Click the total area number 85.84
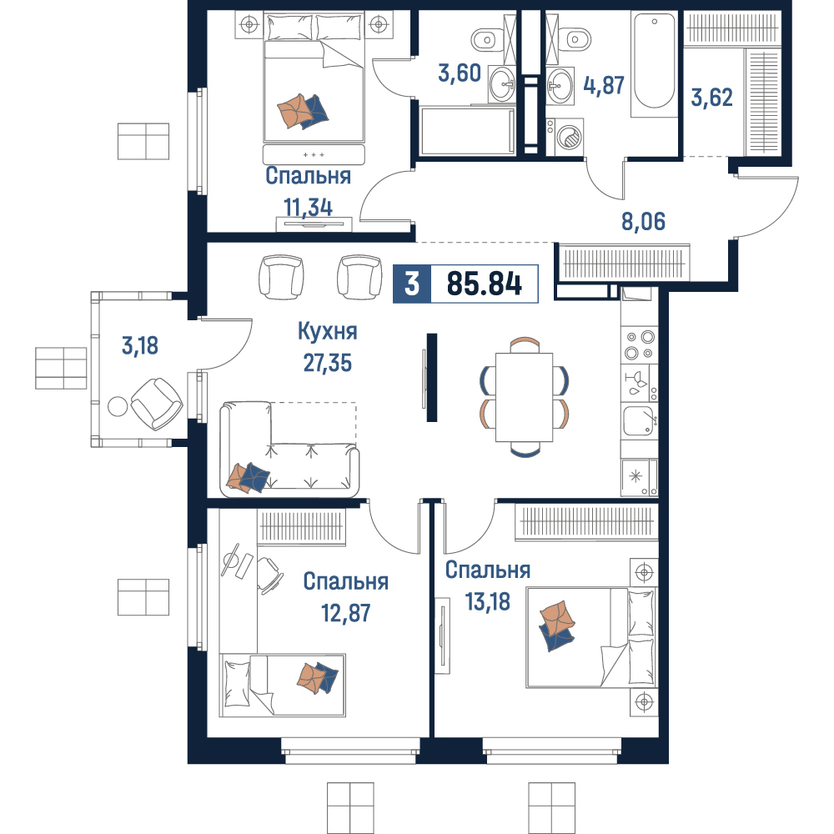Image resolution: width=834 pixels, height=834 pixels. tap(484, 284)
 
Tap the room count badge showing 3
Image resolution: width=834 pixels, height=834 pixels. tap(412, 284)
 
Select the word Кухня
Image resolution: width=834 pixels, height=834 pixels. tap(328, 331)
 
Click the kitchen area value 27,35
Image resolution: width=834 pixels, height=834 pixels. tap(328, 364)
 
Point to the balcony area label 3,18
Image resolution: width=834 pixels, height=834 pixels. tap(140, 346)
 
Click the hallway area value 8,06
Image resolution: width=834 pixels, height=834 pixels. tap(643, 221)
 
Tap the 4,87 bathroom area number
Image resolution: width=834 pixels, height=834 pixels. tap(604, 85)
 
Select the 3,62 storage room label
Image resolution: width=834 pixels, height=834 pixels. tap(711, 98)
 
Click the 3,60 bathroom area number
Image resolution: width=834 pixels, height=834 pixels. tap(460, 73)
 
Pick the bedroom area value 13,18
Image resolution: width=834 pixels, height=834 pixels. tap(488, 602)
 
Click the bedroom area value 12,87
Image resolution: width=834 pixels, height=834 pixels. tap(346, 613)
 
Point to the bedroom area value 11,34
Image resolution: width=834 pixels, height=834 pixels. tap(309, 208)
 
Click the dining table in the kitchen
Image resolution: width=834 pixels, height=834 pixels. tap(524, 397)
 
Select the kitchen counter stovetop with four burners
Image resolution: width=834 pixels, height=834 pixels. tap(640, 345)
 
